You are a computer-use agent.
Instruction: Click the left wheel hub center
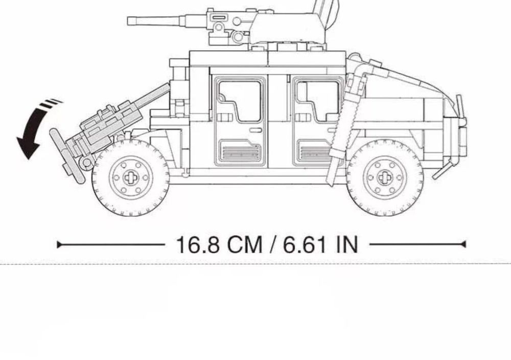(131, 177)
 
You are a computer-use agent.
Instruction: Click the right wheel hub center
(385, 177)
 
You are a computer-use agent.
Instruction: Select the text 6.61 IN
(321, 244)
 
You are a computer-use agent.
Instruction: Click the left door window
(240, 99)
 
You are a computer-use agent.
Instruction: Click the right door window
(318, 99)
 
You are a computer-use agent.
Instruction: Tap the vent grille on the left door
(240, 152)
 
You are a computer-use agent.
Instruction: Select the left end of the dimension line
(59, 244)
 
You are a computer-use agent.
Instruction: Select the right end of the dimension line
(464, 244)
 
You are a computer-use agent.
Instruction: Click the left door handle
(255, 130)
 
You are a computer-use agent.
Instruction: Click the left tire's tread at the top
(131, 143)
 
